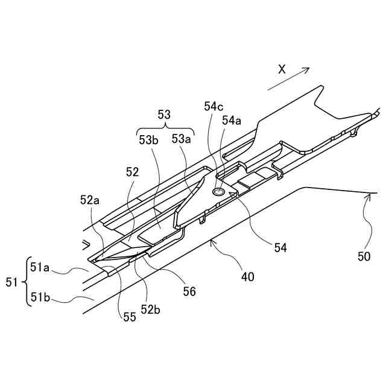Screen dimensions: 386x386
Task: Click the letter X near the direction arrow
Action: tap(282, 69)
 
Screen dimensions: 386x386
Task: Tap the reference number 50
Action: tap(364, 257)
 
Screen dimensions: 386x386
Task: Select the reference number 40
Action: tap(247, 277)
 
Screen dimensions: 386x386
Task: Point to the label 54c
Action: tap(214, 106)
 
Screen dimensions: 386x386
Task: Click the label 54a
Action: tap(232, 121)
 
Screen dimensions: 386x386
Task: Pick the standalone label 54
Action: tap(280, 247)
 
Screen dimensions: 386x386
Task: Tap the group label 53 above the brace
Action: tap(164, 113)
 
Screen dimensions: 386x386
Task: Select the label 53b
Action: tap(148, 140)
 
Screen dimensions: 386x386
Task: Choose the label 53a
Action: tap(182, 140)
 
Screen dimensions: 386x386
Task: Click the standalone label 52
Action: tap(133, 172)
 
